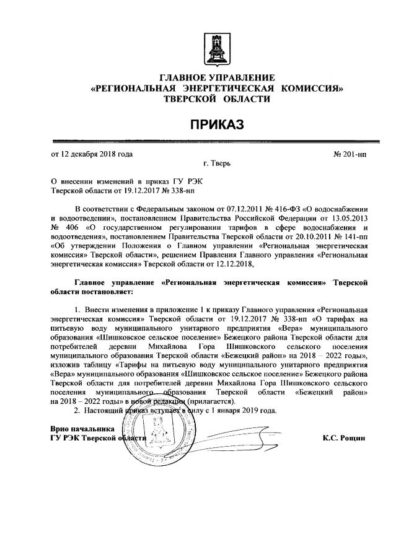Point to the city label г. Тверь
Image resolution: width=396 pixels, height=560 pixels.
point(217,163)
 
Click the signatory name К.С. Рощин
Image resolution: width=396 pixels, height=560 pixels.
point(344,437)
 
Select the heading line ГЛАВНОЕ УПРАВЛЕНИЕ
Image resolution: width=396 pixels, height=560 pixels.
point(217,78)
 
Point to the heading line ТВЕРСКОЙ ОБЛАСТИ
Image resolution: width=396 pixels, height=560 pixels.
point(217,99)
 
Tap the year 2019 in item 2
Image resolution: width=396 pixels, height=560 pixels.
point(242,411)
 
